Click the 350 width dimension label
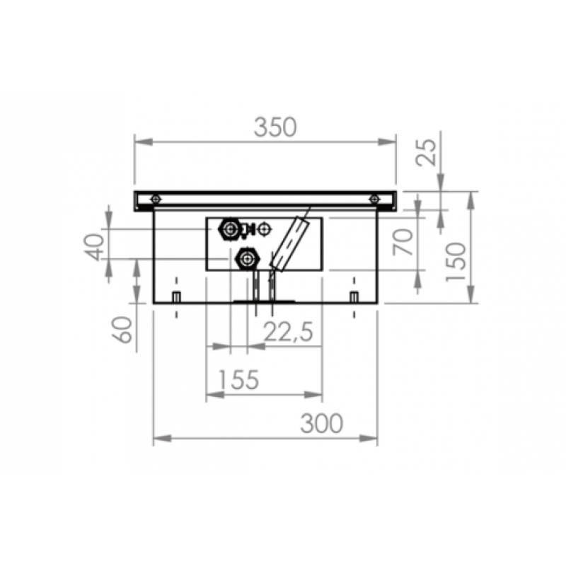[275, 127]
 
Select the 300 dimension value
[321, 423]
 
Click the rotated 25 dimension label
[427, 151]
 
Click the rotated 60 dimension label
[124, 330]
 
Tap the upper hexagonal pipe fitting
[230, 229]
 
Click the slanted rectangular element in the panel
[289, 245]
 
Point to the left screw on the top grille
[157, 198]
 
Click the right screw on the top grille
[374, 198]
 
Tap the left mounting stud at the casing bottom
[177, 295]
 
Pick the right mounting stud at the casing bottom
[354, 295]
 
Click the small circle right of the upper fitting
[265, 229]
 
